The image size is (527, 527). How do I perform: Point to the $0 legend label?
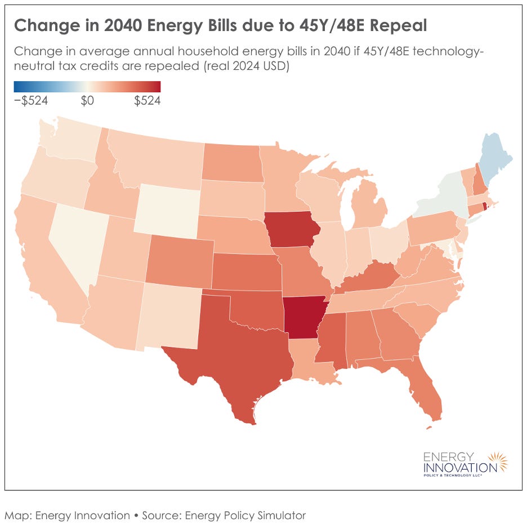87,101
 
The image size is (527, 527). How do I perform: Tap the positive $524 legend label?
147,101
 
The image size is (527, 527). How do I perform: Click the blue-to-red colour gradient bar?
87,87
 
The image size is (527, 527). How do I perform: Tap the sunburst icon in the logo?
498,462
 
